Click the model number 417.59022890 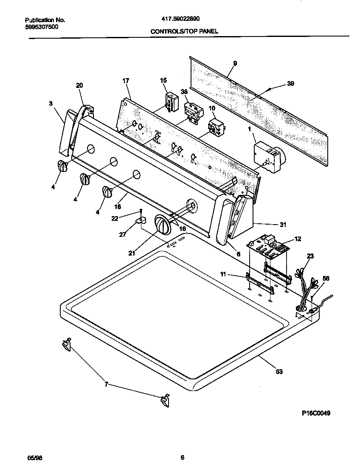pyautogui.click(x=181, y=19)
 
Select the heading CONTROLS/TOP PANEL pyautogui.click(x=184, y=31)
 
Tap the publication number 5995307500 pyautogui.click(x=42, y=26)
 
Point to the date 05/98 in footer pyautogui.click(x=35, y=458)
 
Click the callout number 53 pyautogui.click(x=279, y=372)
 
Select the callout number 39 pyautogui.click(x=290, y=84)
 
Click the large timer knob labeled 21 pyautogui.click(x=161, y=224)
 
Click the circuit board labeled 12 pyautogui.click(x=267, y=248)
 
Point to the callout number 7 pyautogui.click(x=106, y=385)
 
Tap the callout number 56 pyautogui.click(x=326, y=279)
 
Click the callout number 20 pyautogui.click(x=79, y=85)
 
